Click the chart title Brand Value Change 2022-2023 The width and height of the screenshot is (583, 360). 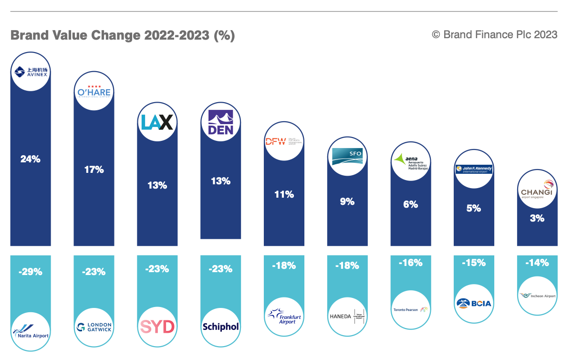click(x=123, y=36)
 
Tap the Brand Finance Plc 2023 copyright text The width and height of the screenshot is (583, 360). click(x=494, y=34)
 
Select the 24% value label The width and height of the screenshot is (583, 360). click(x=30, y=159)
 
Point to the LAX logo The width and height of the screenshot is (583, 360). click(x=157, y=122)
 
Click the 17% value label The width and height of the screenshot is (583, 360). click(x=94, y=169)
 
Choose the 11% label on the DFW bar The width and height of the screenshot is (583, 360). click(x=284, y=194)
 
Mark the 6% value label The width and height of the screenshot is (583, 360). click(x=410, y=204)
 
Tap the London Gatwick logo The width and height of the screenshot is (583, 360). click(x=94, y=327)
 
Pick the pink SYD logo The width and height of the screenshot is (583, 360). click(x=157, y=327)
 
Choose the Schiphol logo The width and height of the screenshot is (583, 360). click(x=220, y=327)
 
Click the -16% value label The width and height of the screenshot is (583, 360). click(x=410, y=263)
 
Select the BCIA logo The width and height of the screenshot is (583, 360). click(x=473, y=303)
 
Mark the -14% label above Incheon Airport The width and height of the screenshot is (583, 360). click(x=537, y=263)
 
